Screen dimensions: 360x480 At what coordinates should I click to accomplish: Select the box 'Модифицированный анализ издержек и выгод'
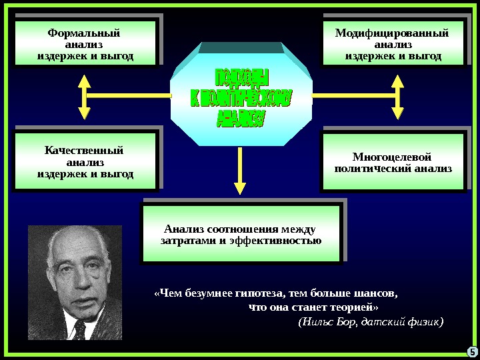pos(393,43)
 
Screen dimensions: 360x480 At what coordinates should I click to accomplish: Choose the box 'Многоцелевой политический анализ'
pos(392,162)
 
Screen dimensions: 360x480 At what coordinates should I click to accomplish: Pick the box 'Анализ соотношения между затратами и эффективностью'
pos(241,233)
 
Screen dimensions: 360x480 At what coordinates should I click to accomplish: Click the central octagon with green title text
pos(241,97)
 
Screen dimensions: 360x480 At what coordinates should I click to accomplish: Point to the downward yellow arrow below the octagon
pos(241,175)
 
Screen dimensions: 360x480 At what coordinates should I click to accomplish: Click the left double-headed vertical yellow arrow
pos(85,96)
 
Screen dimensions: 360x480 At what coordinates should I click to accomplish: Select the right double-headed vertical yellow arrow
pos(397,96)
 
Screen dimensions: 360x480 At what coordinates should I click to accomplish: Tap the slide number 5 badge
pos(470,351)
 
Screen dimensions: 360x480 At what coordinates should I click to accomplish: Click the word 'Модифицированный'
pos(392,33)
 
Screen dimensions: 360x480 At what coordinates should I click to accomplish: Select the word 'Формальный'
pos(85,33)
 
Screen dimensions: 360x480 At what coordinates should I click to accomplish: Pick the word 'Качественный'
pos(85,150)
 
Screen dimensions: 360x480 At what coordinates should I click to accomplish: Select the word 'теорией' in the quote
pos(354,307)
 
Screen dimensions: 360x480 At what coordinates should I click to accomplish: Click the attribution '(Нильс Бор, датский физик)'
pos(370,322)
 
